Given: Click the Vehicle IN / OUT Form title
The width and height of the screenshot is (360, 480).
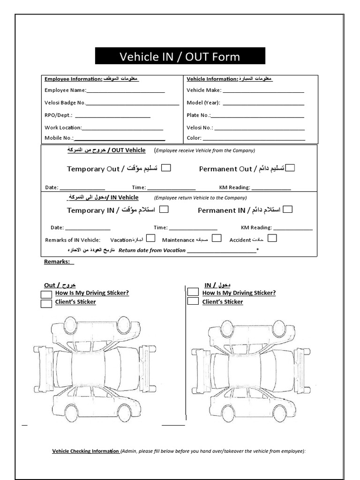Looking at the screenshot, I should (x=180, y=57).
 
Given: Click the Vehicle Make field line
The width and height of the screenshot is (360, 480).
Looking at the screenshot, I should (x=263, y=92).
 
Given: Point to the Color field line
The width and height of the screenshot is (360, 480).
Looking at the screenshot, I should (x=254, y=140).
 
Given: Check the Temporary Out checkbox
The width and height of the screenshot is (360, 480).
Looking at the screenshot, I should (x=166, y=168).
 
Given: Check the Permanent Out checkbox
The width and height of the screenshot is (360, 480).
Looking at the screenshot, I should (x=290, y=168).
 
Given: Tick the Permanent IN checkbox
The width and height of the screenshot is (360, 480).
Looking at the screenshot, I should (x=288, y=210).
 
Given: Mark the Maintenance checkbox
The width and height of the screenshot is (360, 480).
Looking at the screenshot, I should (x=217, y=238).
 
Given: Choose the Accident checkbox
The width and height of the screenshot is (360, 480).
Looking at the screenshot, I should (x=272, y=238).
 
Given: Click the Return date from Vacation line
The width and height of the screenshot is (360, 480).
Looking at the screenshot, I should (x=222, y=252).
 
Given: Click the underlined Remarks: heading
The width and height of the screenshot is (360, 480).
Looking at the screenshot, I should (x=59, y=262).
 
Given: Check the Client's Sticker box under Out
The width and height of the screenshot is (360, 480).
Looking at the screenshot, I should (x=46, y=303).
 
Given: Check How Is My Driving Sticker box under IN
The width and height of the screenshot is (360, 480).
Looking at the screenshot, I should (x=193, y=292).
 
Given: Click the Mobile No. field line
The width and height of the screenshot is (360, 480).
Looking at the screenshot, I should (x=120, y=140).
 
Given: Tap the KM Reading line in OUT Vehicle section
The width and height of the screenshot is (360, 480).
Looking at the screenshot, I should (x=271, y=189).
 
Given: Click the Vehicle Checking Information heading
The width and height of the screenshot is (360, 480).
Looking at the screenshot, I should (x=85, y=451).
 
